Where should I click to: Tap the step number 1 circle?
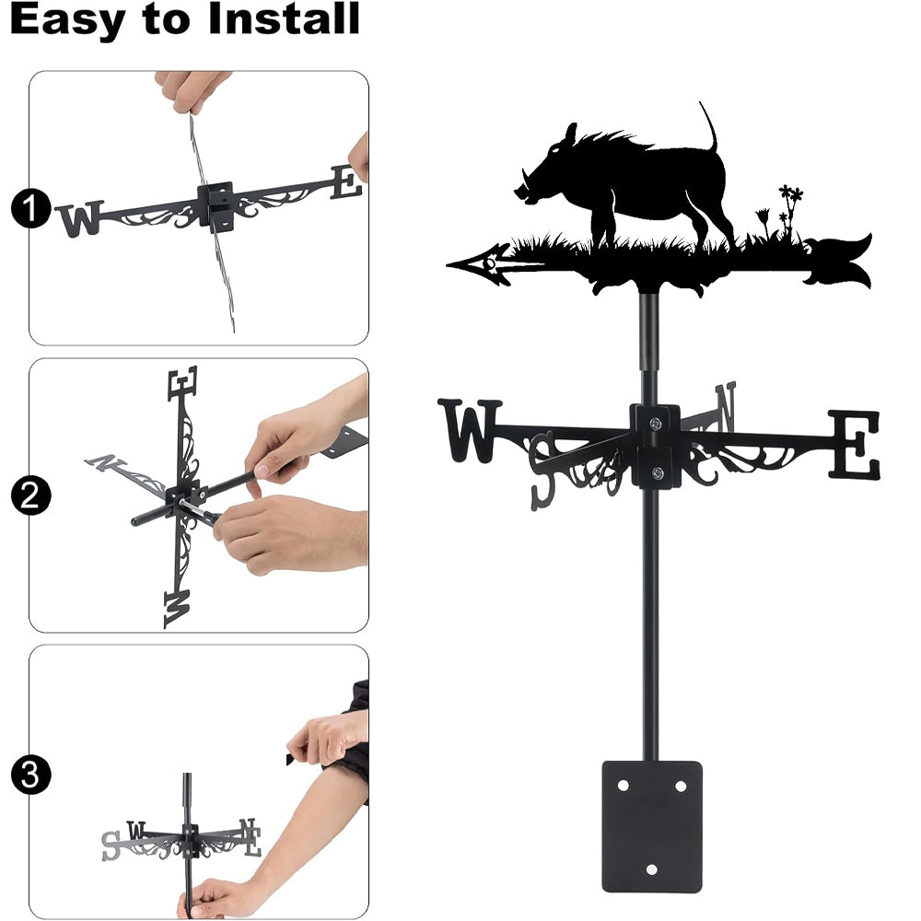(x=30, y=208)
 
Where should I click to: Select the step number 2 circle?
(x=30, y=495)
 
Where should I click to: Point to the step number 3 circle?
(x=30, y=775)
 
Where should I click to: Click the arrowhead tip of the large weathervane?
(x=449, y=265)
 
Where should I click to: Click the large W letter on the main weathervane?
(x=470, y=430)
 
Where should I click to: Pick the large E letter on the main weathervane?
(x=856, y=444)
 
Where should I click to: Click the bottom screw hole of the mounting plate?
(x=651, y=869)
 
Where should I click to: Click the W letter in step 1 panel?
(x=80, y=218)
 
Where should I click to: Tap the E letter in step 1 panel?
(x=346, y=181)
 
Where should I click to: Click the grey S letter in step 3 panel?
(x=111, y=845)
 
